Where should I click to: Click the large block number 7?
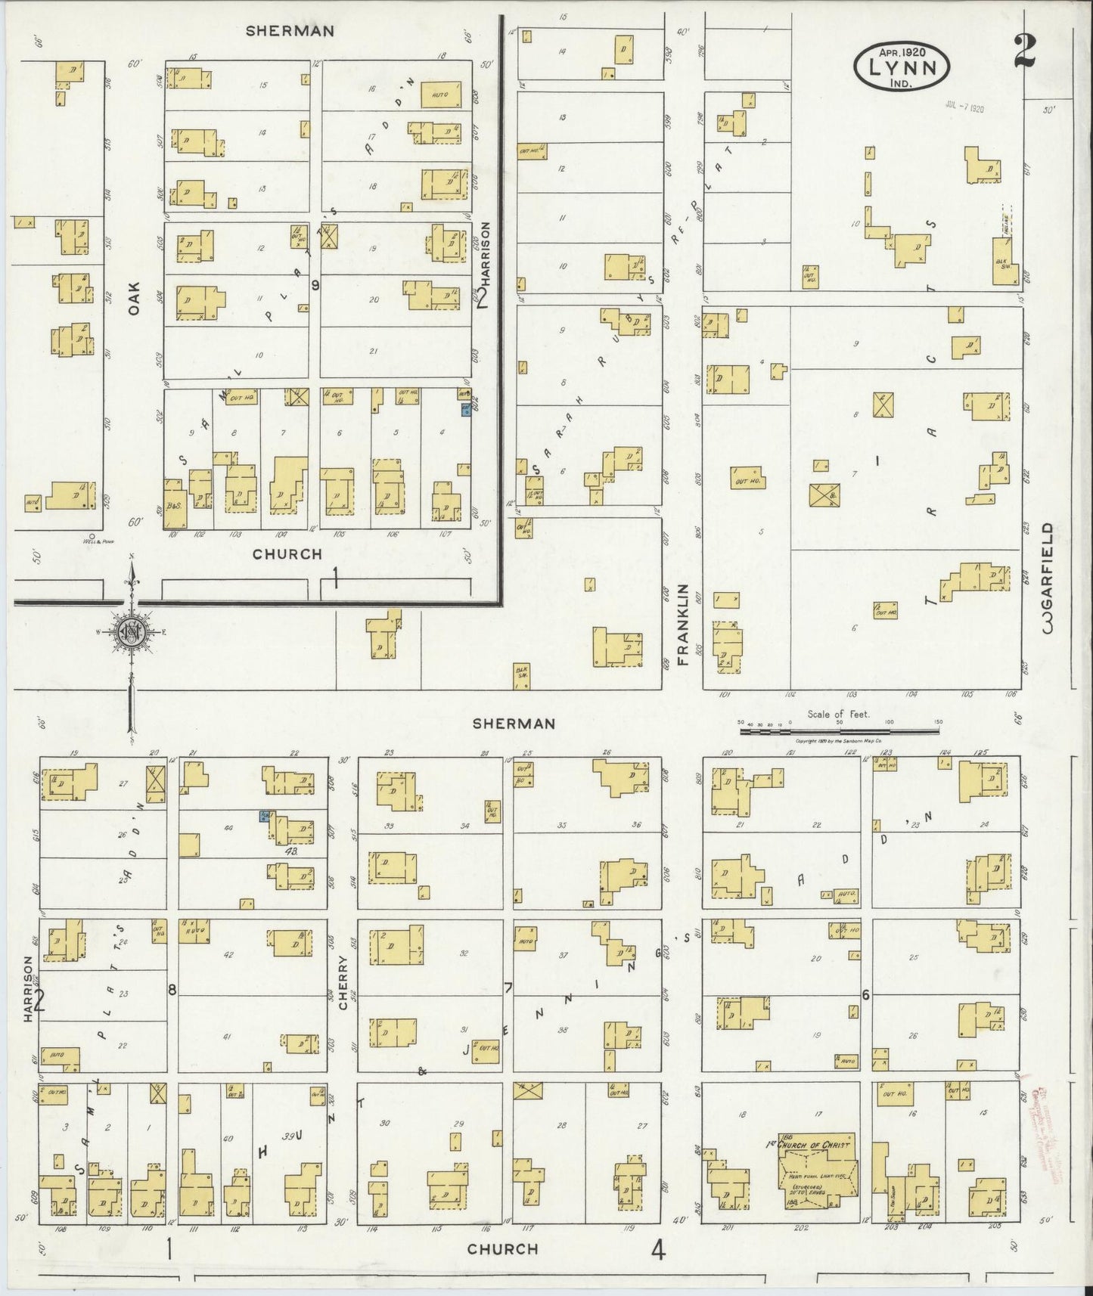(x=509, y=988)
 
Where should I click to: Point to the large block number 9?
(x=315, y=285)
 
